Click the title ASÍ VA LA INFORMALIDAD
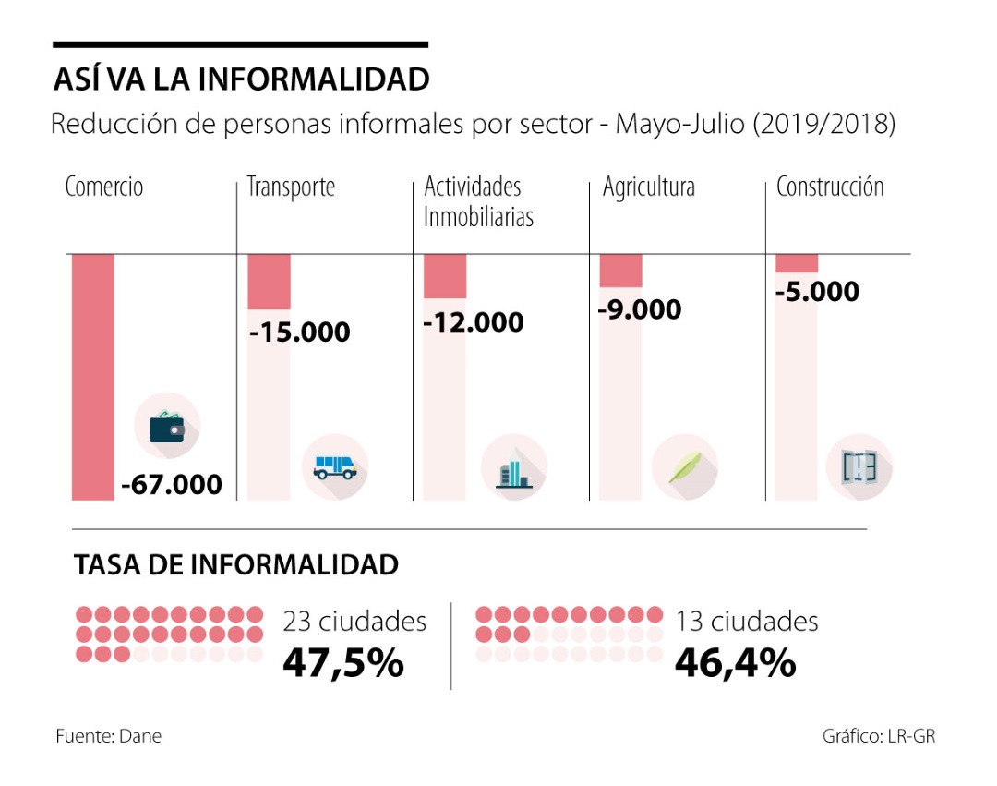(241, 79)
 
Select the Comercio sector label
(104, 187)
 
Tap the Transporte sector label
(291, 187)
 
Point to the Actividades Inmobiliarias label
(478, 202)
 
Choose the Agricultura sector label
(648, 187)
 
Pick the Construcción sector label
(829, 187)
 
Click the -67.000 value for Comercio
(172, 483)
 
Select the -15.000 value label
(300, 332)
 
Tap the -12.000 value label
(474, 322)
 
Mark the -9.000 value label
(640, 308)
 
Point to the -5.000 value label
(817, 292)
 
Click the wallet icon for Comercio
(167, 427)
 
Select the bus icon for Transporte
(334, 466)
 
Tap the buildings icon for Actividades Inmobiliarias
(513, 467)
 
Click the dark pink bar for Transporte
(269, 282)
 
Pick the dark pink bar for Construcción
(796, 263)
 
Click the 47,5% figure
(343, 662)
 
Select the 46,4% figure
(735, 662)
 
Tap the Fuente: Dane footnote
(108, 736)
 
